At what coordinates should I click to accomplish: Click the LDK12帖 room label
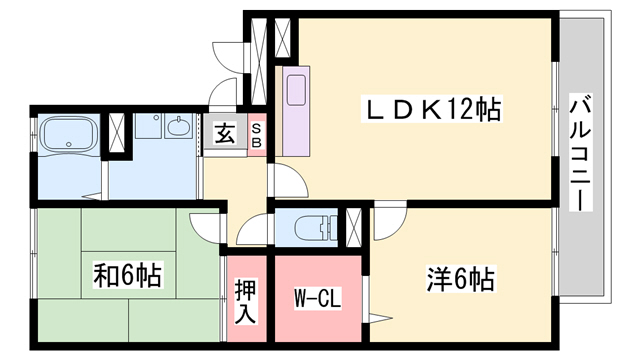tap(432, 108)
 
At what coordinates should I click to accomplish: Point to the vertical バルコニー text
tap(579, 150)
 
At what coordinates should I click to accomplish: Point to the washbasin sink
tap(179, 128)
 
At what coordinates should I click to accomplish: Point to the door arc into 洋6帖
tap(392, 220)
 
